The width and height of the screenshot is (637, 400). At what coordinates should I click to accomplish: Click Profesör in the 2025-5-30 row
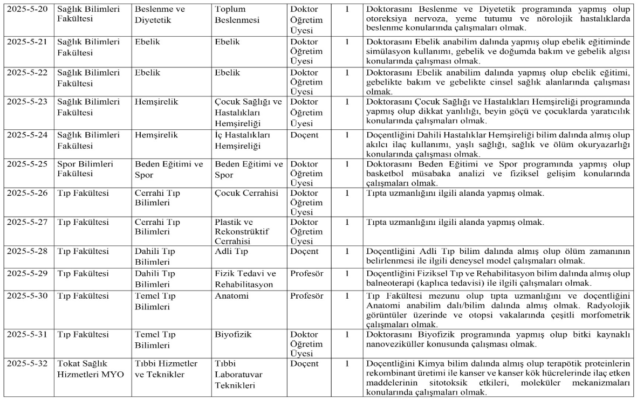(306, 296)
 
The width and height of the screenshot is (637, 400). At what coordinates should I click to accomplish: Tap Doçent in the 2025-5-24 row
(304, 135)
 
